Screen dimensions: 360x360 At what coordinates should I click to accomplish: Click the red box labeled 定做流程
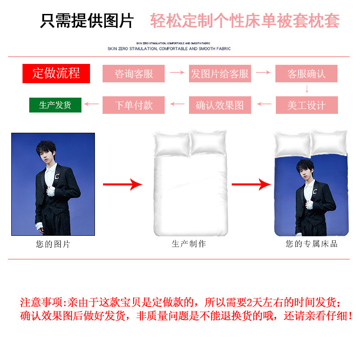click(x=56, y=73)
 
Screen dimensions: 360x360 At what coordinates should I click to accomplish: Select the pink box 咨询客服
click(x=134, y=73)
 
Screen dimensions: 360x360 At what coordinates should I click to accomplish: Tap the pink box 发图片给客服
click(x=220, y=73)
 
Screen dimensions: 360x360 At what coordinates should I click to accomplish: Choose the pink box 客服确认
click(x=306, y=73)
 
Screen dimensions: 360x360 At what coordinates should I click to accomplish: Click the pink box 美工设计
click(x=306, y=105)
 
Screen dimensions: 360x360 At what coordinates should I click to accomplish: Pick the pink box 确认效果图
click(x=220, y=105)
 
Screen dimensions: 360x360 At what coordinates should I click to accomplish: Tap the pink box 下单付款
click(x=134, y=105)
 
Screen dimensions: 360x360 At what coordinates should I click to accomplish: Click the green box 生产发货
click(x=55, y=105)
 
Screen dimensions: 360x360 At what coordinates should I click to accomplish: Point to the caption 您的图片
click(x=53, y=244)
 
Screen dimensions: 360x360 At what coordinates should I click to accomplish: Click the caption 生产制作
click(x=189, y=244)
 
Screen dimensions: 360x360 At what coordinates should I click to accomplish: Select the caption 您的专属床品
click(x=311, y=244)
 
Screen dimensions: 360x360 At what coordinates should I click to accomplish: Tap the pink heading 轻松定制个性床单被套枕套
click(x=244, y=21)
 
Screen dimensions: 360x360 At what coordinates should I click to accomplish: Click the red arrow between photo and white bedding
click(x=122, y=184)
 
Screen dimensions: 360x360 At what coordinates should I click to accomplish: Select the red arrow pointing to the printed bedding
click(x=252, y=184)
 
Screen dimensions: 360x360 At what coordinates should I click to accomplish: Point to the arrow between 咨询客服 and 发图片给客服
click(x=177, y=72)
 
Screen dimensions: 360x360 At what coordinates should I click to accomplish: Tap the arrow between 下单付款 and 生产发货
click(x=92, y=104)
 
